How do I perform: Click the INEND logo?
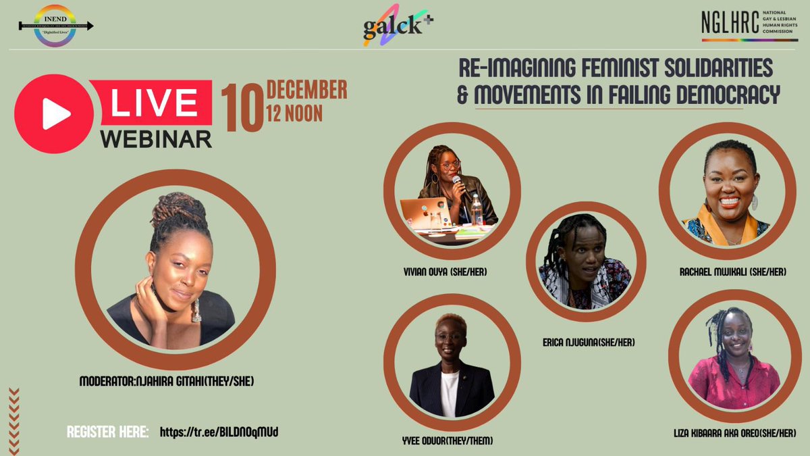pyautogui.click(x=56, y=26)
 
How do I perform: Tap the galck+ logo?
pyautogui.click(x=397, y=29)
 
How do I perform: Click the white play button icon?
pyautogui.click(x=55, y=116)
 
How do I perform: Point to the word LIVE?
pyautogui.click(x=153, y=103)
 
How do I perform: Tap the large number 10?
pyautogui.click(x=243, y=108)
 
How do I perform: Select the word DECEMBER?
pyautogui.click(x=307, y=90)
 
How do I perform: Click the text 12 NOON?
pyautogui.click(x=295, y=113)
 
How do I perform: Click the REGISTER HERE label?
pyautogui.click(x=108, y=431)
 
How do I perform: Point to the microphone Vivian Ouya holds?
pyautogui.click(x=457, y=182)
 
